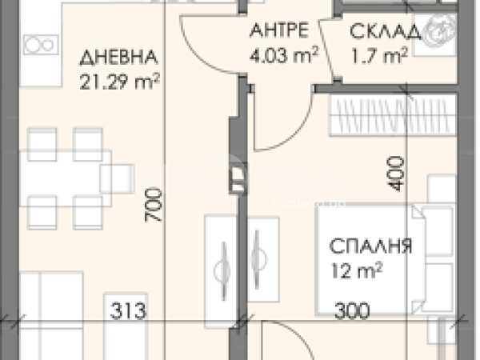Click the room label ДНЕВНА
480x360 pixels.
[118, 58]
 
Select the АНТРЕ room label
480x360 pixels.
[279, 30]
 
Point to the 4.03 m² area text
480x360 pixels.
[284, 55]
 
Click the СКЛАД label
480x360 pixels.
[386, 31]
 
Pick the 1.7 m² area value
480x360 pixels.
[379, 56]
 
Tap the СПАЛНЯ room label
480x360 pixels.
[371, 246]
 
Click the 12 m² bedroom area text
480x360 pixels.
[357, 270]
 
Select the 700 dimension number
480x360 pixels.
[153, 205]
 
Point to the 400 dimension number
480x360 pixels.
[395, 174]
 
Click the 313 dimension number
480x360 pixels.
[128, 310]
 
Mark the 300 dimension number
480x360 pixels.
[352, 310]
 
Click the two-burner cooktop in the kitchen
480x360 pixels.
[41, 45]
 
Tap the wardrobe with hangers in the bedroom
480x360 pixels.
[393, 115]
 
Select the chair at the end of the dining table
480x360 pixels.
[118, 178]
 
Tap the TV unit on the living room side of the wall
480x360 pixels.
[221, 272]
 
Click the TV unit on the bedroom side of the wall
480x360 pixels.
[263, 260]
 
